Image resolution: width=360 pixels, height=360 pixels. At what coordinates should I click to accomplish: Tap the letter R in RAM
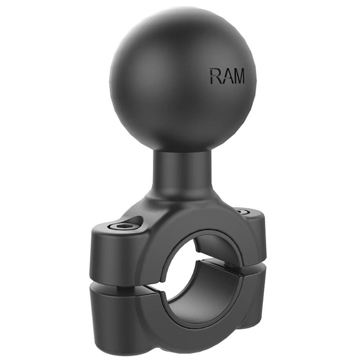pyautogui.click(x=215, y=76)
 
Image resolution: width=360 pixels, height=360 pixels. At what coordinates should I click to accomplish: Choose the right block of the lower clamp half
pyautogui.click(x=252, y=299)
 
